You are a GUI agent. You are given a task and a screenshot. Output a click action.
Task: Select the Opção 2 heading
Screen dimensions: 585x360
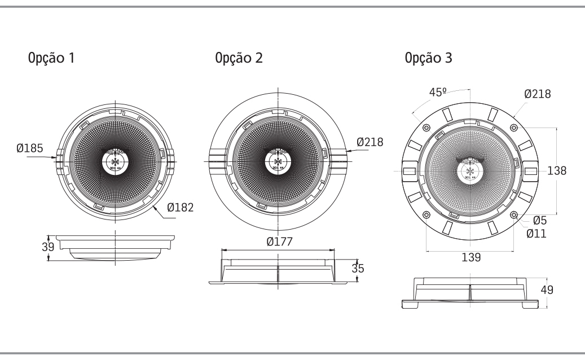238,58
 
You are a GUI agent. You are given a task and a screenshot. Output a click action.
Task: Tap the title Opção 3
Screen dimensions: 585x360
428,58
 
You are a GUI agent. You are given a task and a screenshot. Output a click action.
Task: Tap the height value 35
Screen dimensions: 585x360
358,268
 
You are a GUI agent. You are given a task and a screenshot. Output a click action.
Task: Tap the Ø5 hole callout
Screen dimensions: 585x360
539,221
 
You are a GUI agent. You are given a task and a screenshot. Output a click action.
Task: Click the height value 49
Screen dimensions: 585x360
547,290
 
